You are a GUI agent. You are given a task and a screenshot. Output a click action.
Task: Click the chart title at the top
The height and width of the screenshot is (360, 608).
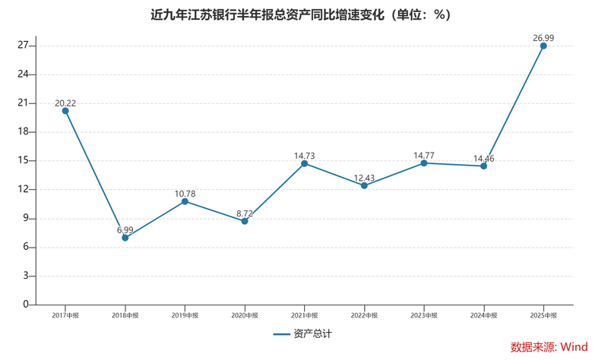(x=303, y=15)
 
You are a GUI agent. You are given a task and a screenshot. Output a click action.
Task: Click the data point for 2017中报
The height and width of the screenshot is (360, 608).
(x=65, y=111)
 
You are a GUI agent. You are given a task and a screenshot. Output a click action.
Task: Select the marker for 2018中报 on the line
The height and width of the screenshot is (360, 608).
(x=125, y=238)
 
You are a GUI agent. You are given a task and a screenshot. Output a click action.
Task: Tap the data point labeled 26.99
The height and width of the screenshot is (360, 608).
(x=543, y=46)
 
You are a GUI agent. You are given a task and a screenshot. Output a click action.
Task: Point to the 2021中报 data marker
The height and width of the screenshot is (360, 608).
(x=305, y=163)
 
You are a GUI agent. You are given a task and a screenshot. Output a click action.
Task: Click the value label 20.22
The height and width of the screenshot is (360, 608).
(x=65, y=100)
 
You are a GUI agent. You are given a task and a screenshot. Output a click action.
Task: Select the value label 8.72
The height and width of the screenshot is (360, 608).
(x=245, y=210)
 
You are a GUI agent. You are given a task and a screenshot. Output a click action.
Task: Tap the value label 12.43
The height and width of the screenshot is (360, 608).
(x=364, y=175)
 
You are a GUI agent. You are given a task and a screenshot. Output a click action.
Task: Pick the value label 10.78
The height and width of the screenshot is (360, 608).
(x=185, y=194)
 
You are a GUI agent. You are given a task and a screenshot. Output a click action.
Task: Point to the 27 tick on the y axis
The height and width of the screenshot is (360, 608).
(x=23, y=46)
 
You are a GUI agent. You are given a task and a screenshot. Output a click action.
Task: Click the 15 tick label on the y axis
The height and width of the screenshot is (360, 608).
(x=23, y=161)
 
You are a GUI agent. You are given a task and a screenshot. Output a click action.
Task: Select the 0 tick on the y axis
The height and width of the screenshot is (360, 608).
(x=26, y=305)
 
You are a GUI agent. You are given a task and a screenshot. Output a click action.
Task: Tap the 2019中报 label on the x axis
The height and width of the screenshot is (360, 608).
(x=185, y=314)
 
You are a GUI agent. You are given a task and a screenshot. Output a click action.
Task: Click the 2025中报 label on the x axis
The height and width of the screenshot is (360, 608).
(x=543, y=314)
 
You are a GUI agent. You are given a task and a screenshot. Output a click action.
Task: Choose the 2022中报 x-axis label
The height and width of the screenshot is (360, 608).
(x=364, y=314)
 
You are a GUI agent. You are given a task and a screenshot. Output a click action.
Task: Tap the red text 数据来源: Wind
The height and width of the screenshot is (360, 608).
(x=549, y=347)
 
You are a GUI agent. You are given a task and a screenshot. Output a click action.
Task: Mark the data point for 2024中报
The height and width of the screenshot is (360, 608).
(x=483, y=166)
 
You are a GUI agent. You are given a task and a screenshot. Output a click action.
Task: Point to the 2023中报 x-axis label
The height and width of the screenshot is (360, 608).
(x=424, y=314)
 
